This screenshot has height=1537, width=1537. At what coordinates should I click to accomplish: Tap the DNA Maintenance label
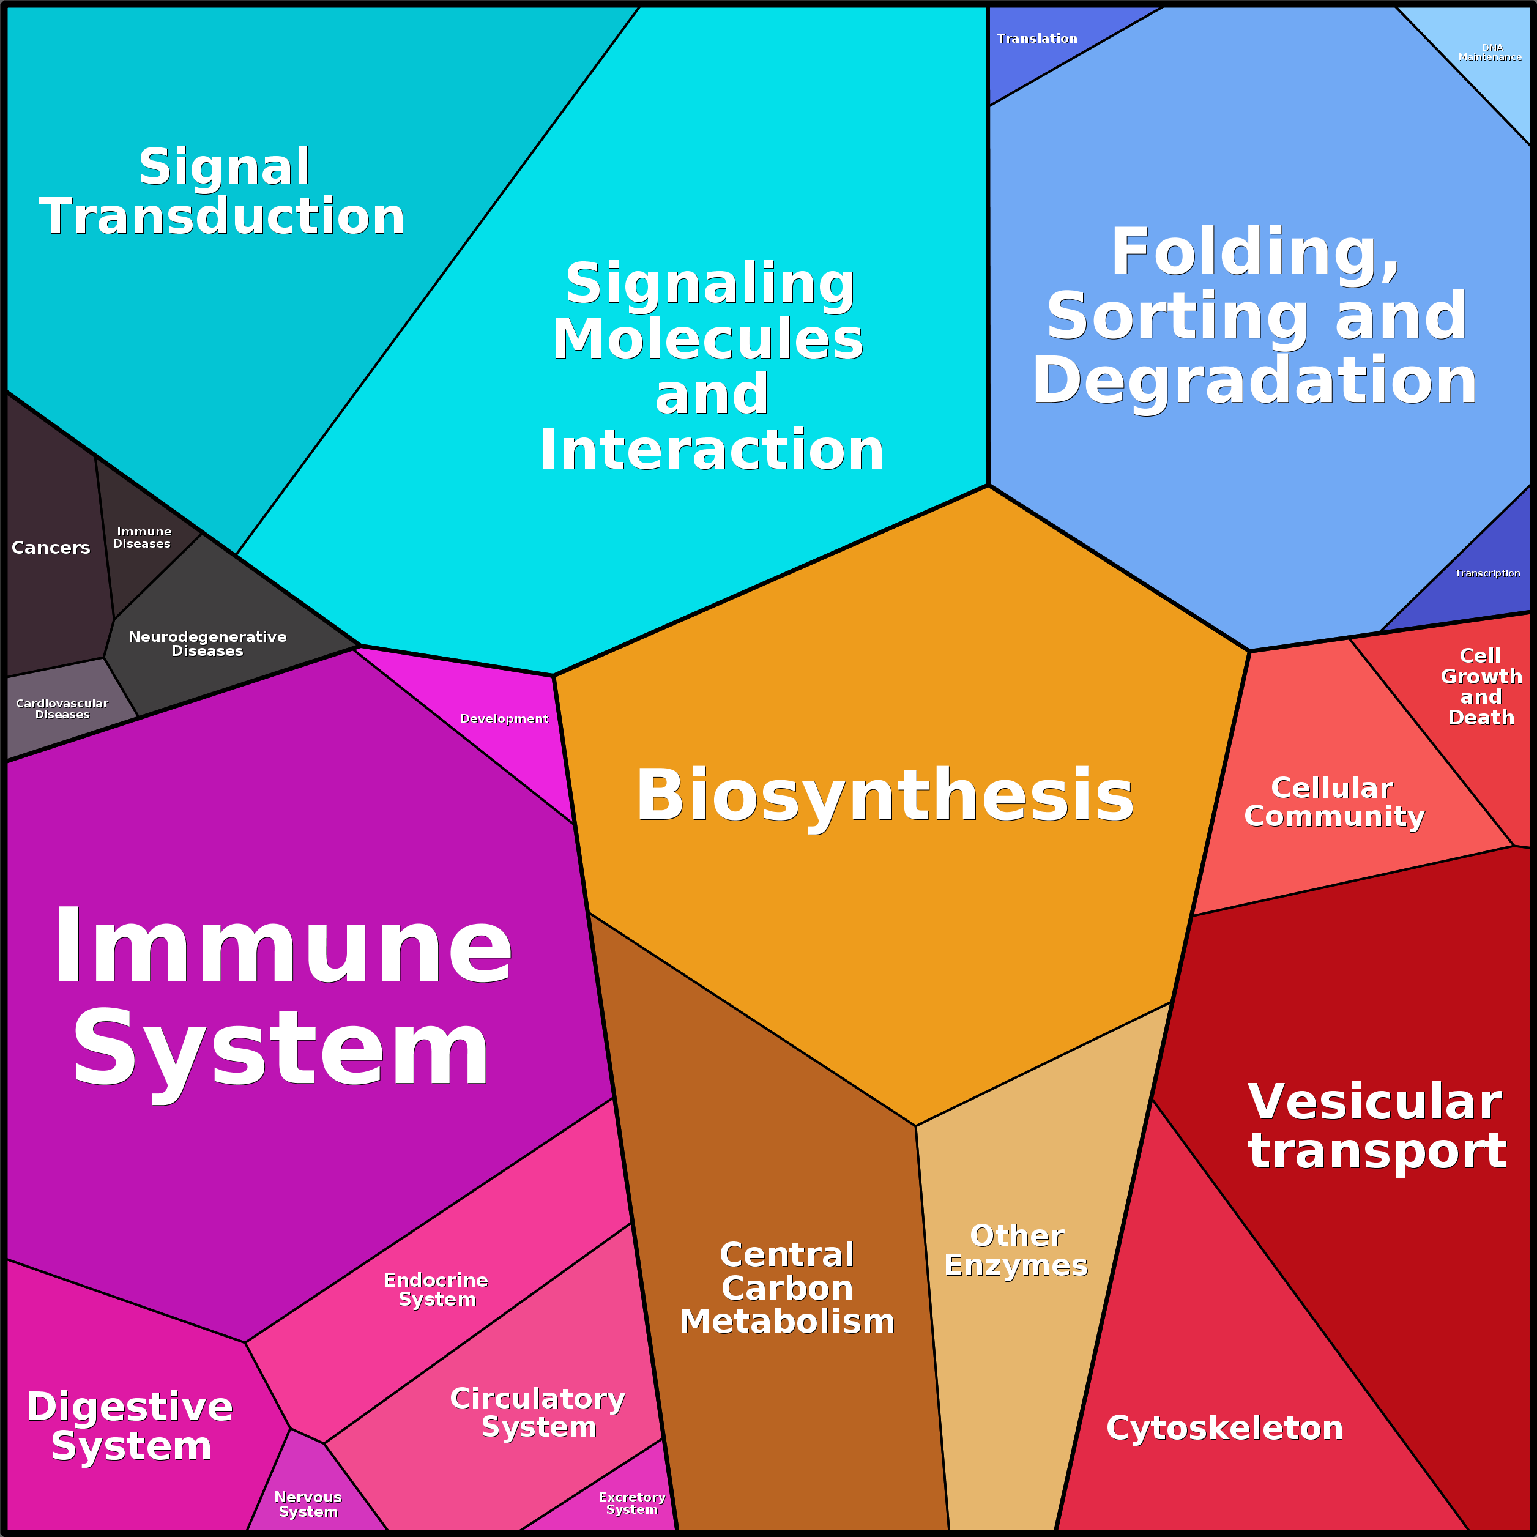click(1490, 53)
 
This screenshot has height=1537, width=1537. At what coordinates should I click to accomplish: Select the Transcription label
click(1487, 573)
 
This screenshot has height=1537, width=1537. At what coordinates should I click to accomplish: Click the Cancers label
click(51, 548)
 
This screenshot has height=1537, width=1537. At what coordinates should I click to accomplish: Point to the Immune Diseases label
click(143, 538)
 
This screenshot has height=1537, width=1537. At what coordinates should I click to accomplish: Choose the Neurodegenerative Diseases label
click(207, 644)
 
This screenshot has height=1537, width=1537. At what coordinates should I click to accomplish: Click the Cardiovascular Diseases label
click(62, 709)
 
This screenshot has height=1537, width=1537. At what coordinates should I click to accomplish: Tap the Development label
click(504, 719)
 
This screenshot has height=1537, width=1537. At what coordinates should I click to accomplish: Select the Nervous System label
click(308, 1505)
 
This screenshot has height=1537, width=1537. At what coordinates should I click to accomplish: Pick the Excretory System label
click(633, 1503)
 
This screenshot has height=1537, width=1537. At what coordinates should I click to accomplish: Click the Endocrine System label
click(436, 1290)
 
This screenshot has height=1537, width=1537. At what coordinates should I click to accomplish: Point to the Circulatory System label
click(538, 1412)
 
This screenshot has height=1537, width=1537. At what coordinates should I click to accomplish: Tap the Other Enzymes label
click(1016, 1251)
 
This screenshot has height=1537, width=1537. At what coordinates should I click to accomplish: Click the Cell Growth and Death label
click(1481, 687)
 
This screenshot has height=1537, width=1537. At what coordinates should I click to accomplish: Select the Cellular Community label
click(1334, 802)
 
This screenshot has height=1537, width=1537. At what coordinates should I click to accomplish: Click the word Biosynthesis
click(885, 795)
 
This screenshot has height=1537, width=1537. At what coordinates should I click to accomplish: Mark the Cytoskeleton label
click(1224, 1428)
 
